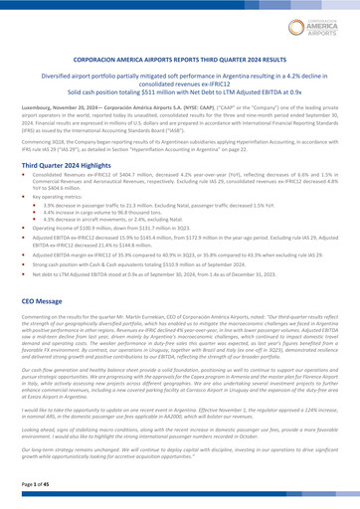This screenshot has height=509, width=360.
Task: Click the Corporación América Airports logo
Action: [x=322, y=24]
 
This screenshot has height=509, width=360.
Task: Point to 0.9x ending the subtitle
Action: [x=282, y=92]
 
